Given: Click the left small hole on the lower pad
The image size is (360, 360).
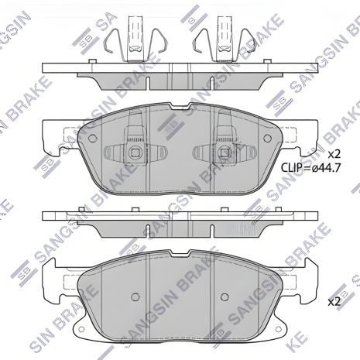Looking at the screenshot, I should pos(134,296).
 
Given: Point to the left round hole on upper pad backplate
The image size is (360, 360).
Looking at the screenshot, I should pos(93,139).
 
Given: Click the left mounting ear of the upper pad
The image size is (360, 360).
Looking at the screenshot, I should pos(50,139).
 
